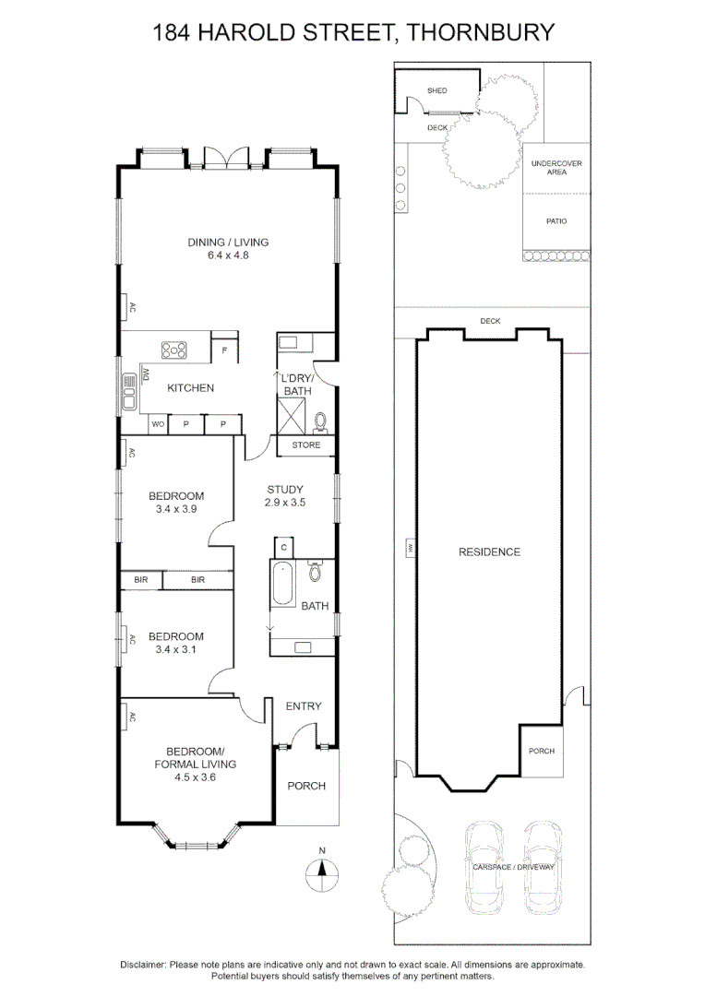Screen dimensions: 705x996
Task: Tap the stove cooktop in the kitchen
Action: coord(174,350)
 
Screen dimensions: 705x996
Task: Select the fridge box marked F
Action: coord(224,350)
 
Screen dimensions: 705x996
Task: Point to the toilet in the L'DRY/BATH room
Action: coord(320,421)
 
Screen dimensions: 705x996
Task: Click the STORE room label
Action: coord(305,445)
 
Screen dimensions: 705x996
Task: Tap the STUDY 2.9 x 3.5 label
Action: coord(285,495)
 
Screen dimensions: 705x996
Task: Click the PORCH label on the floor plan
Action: coord(306,786)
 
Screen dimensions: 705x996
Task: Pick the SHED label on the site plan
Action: coord(436,90)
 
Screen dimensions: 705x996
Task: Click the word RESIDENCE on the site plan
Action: coord(489,552)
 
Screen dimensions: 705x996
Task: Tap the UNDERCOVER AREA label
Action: coord(556,168)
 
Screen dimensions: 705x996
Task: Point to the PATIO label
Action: coord(556,221)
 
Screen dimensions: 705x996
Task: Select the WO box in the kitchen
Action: coord(159,423)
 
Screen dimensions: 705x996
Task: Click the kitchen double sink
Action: coord(129,391)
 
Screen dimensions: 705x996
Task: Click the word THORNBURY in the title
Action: coord(480,31)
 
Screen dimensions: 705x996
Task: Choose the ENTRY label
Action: coord(304,705)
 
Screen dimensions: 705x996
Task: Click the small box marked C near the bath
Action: coord(283,548)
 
